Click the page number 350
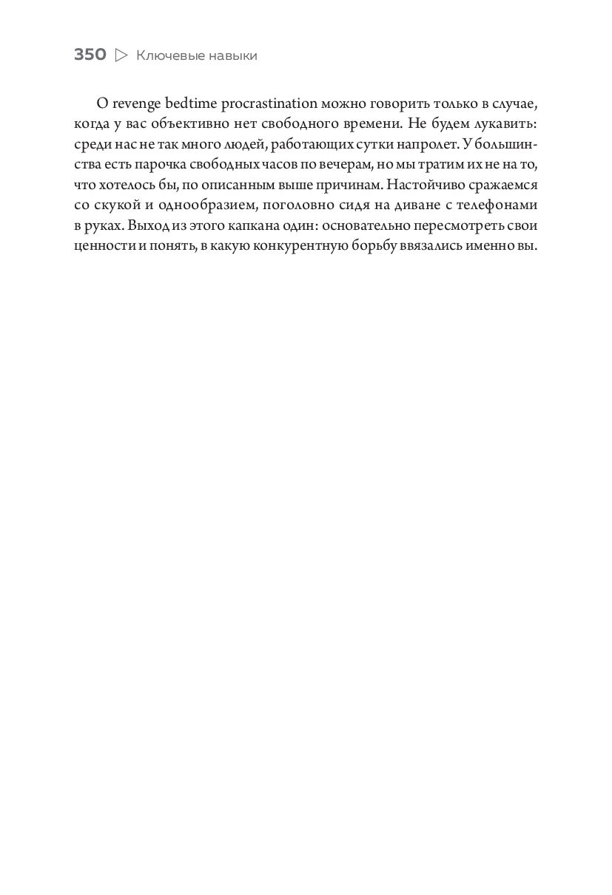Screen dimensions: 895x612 [x=90, y=55]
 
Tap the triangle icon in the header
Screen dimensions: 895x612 [x=122, y=55]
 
